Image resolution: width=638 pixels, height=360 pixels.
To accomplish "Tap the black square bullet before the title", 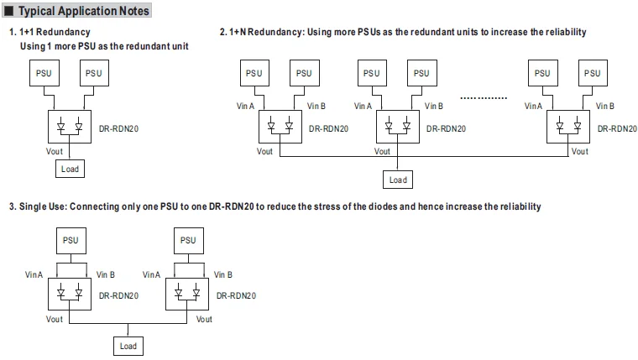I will (x=9, y=11).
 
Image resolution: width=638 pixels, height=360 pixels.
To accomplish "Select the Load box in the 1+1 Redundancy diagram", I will (x=71, y=169).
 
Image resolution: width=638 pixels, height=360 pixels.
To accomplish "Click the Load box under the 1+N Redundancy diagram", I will (x=398, y=180).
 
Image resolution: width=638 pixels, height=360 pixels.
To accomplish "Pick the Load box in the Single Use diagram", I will (x=128, y=346).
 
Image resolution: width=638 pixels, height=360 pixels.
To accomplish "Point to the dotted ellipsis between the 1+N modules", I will (x=485, y=98).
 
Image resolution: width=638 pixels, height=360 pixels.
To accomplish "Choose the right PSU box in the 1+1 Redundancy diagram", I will (x=94, y=74).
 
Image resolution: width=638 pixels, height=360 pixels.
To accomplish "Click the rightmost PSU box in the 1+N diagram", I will (x=593, y=73).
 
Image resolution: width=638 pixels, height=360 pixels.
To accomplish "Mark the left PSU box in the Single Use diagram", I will (x=71, y=240).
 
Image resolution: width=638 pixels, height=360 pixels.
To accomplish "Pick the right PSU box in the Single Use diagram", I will (x=187, y=240).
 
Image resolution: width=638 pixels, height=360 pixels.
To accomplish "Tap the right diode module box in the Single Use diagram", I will (x=187, y=295).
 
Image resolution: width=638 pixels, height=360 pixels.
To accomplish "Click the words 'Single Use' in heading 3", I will (x=41, y=206).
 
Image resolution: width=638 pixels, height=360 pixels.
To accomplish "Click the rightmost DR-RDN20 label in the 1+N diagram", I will (x=617, y=128).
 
